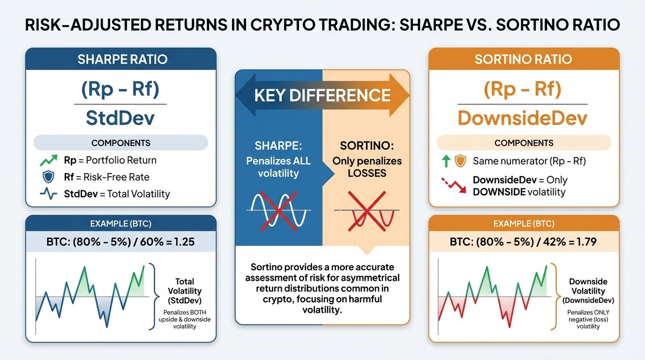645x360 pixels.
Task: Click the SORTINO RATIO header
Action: [x=523, y=60]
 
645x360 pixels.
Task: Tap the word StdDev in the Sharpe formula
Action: [x=120, y=118]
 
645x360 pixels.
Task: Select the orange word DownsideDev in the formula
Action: [x=522, y=118]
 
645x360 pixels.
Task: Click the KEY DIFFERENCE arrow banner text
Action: [x=322, y=95]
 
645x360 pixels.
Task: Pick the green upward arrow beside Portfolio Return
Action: [x=49, y=160]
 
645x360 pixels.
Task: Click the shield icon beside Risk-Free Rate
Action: [x=49, y=177]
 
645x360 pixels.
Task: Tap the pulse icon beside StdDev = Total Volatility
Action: [x=49, y=194]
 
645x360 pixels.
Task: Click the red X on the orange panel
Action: [x=366, y=211]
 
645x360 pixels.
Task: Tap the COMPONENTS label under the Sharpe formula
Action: [x=121, y=143]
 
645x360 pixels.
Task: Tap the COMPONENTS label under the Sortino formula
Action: [x=524, y=143]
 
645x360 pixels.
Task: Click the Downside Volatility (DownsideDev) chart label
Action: [x=588, y=291]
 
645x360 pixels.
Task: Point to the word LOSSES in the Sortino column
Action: [x=367, y=173]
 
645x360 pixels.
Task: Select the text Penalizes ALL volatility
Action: [x=278, y=167]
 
